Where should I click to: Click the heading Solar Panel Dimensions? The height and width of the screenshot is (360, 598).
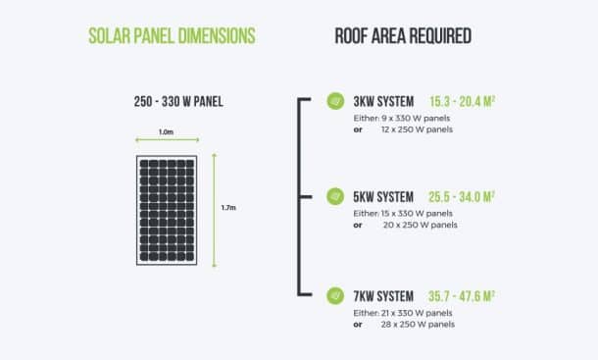tap(172, 36)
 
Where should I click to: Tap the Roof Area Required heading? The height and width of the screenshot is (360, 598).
tap(403, 36)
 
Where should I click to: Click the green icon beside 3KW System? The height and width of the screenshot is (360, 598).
tap(333, 101)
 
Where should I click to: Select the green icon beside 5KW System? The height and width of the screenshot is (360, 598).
tap(333, 196)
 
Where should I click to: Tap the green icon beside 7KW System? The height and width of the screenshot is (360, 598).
tap(333, 294)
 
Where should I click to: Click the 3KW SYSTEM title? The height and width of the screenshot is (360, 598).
tap(383, 101)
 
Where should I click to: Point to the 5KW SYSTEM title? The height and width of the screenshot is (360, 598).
tap(383, 196)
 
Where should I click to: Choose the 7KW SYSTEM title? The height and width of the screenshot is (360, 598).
tap(383, 294)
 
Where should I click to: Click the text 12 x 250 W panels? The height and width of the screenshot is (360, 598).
tap(418, 129)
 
